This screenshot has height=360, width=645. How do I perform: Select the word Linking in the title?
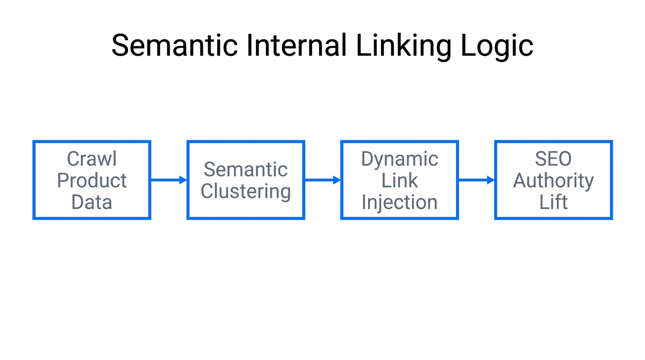click(404, 46)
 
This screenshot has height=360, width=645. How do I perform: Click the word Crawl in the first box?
click(91, 159)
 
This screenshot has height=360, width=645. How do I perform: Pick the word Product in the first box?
click(91, 181)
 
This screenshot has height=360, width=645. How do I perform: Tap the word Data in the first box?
click(91, 202)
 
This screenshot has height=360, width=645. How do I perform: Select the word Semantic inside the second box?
click(246, 170)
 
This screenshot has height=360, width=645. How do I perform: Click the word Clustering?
click(246, 191)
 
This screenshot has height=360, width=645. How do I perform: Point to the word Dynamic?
click(399, 159)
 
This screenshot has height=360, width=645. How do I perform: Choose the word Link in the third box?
click(399, 180)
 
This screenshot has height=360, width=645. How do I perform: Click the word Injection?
click(399, 202)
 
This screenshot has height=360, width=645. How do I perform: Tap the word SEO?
click(553, 159)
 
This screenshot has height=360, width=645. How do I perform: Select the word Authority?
click(553, 181)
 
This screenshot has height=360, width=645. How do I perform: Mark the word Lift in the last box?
click(553, 202)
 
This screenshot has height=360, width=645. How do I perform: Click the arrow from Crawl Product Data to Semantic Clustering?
click(169, 180)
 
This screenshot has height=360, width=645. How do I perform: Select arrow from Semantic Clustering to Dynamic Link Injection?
click(322, 180)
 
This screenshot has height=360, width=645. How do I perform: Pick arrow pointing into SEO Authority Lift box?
click(476, 180)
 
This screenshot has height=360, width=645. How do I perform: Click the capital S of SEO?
click(540, 159)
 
